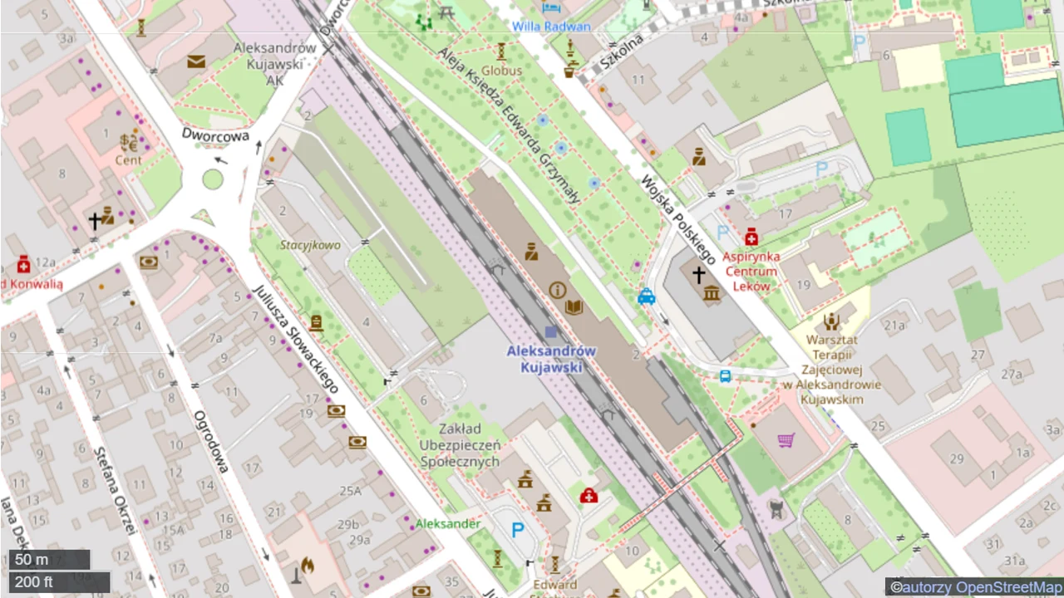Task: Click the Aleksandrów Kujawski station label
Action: (551, 359)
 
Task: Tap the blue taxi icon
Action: (646, 297)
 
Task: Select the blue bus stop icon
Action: (725, 376)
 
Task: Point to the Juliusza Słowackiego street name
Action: (295, 339)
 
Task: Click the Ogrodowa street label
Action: (211, 441)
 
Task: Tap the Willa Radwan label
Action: (551, 26)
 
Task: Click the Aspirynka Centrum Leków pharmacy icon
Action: (751, 238)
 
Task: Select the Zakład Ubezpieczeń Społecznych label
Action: (460, 445)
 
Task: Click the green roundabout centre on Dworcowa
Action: (213, 179)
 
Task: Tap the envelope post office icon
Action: (196, 61)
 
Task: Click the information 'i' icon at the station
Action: (557, 290)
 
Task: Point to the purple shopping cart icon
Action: (786, 439)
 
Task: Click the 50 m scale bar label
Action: (32, 560)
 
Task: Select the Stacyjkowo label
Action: (310, 245)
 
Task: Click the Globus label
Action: (501, 71)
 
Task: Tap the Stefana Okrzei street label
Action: (114, 490)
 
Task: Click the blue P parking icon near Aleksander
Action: (517, 529)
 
